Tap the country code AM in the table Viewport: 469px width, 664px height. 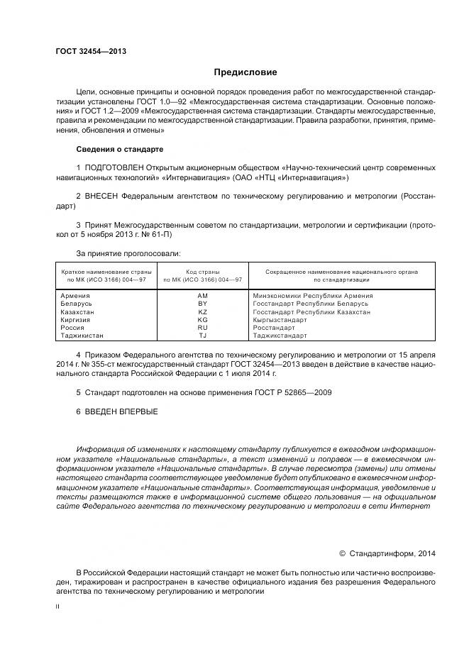coord(202,296)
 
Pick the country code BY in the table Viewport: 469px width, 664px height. coord(202,304)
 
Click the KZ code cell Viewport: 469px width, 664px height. coord(202,312)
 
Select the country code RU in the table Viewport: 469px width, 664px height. coord(202,328)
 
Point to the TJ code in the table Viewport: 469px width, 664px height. coord(202,336)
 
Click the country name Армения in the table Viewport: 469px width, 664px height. coord(75,296)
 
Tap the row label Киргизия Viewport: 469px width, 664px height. coord(77,320)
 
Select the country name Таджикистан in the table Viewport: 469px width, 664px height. coord(82,336)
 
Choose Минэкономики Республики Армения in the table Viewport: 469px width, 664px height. coord(313,296)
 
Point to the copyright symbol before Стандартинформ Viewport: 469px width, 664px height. coord(342,553)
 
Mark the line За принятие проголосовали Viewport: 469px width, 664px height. coord(128,253)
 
